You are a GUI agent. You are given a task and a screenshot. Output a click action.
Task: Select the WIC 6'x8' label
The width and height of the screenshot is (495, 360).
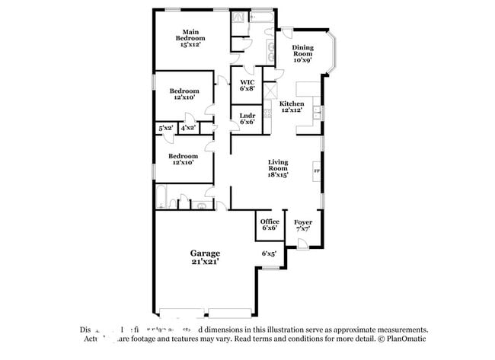coord(247,84)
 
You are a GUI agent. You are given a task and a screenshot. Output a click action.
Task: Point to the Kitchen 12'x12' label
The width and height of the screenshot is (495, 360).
coord(292,107)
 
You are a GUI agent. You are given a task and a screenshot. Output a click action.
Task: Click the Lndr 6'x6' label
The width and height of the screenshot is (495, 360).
coord(247,118)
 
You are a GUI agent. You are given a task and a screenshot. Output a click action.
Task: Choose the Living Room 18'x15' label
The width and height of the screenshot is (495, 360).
coord(277,167)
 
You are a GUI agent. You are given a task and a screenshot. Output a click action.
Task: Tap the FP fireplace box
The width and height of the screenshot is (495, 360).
coord(317,172)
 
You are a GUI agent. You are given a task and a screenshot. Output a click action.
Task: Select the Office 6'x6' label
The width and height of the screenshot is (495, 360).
coord(269,225)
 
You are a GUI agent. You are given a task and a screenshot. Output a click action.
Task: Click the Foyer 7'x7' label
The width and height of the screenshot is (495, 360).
coord(302,225)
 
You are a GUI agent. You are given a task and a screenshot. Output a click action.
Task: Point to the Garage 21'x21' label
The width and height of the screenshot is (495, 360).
coord(205,256)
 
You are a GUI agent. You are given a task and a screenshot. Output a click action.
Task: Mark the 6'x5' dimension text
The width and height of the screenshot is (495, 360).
coord(268,253)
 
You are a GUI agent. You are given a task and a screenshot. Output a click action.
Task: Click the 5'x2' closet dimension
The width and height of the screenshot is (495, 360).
coord(166,129)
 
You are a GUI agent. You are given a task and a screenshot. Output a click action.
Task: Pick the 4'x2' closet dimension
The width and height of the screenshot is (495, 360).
coord(187,129)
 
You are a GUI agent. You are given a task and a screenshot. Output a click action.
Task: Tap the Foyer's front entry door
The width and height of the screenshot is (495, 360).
coord(302,244)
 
